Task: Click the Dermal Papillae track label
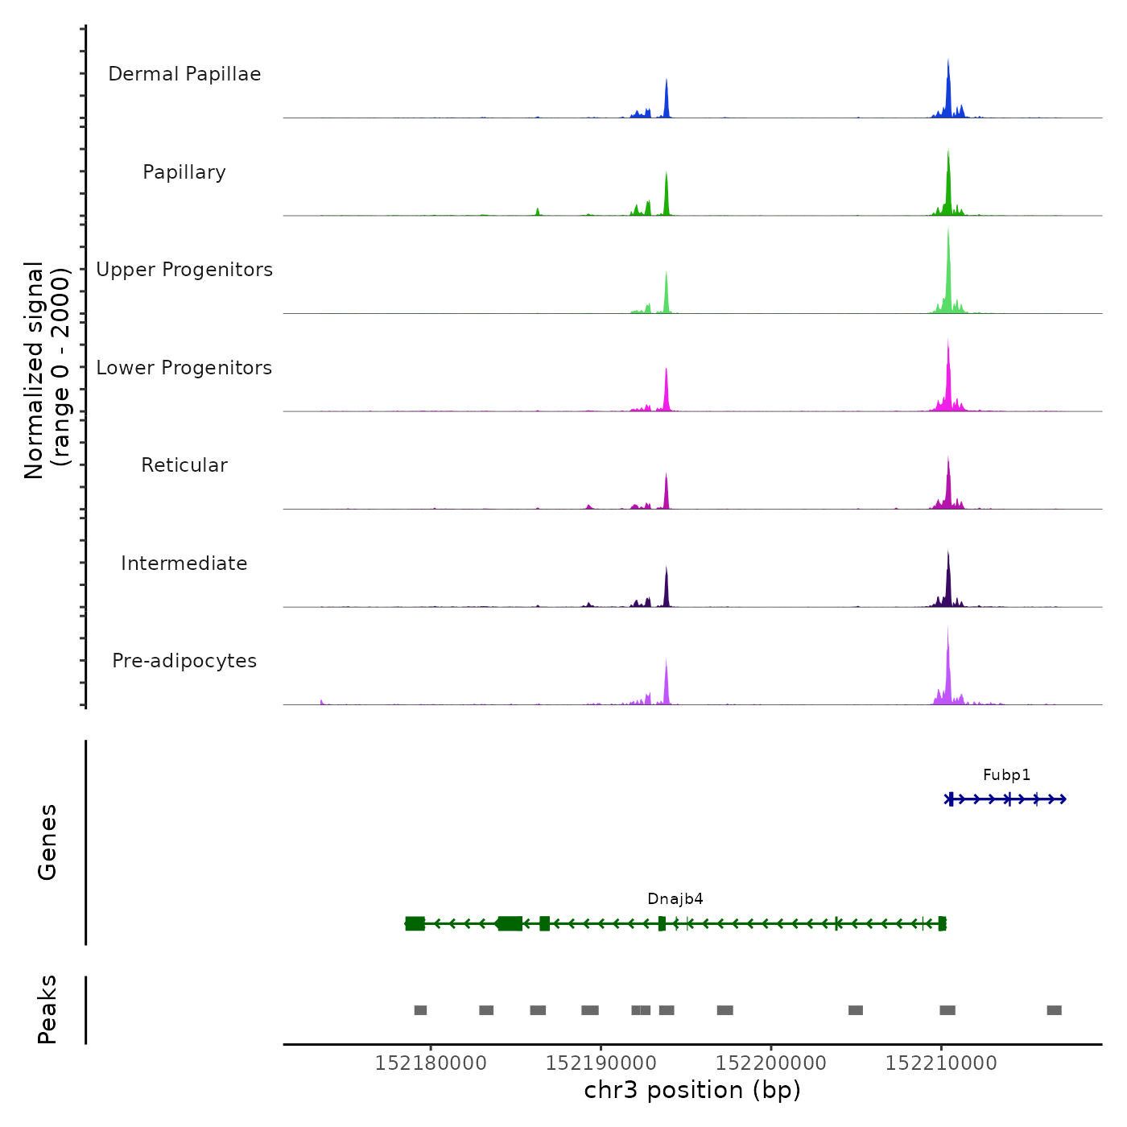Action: [184, 74]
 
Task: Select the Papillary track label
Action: [184, 172]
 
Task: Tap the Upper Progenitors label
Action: [184, 270]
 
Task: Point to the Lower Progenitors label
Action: [184, 368]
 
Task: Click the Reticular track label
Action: [184, 465]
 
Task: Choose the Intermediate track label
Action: [184, 563]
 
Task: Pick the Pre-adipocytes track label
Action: [184, 661]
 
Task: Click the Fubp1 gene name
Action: [1006, 775]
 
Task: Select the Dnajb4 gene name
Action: [675, 899]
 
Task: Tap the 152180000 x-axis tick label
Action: [431, 1063]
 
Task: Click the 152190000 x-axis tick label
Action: [601, 1063]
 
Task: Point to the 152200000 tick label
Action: [771, 1063]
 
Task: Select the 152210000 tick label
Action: [941, 1063]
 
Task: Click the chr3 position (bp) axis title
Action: [692, 1091]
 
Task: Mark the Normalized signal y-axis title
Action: [47, 369]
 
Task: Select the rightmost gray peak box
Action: [1054, 1010]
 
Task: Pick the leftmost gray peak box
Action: [420, 1010]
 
